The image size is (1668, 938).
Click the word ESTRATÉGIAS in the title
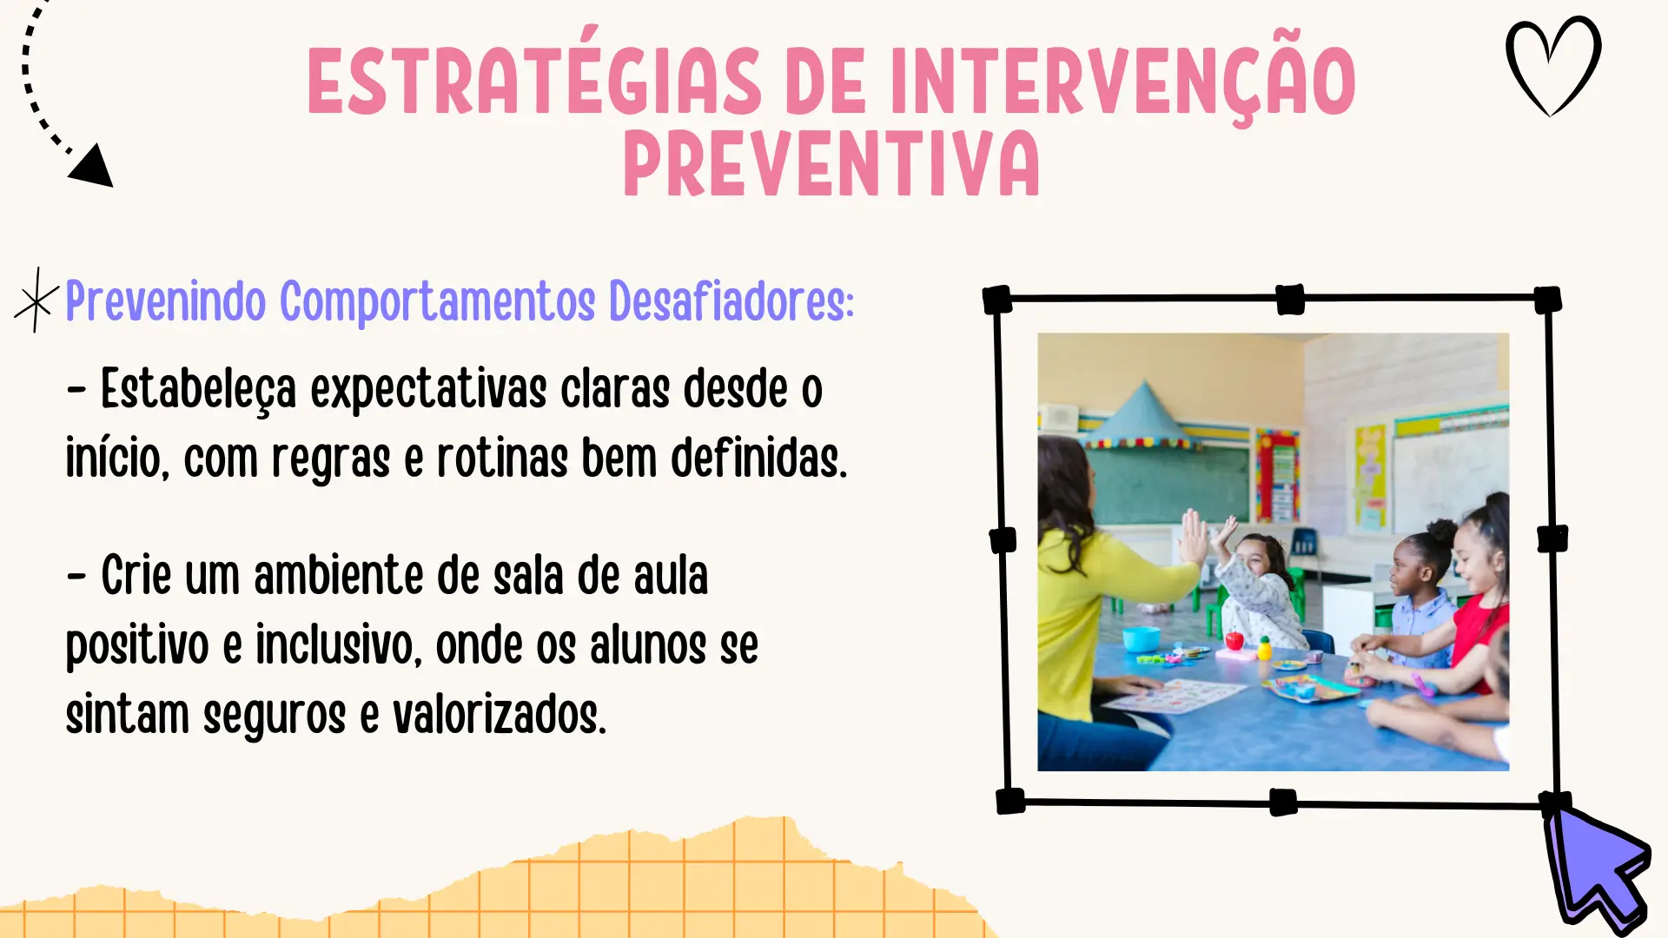click(x=534, y=80)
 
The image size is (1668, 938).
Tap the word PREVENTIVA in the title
click(x=831, y=163)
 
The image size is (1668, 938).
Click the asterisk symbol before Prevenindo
click(x=36, y=301)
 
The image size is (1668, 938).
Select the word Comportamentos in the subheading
click(x=437, y=301)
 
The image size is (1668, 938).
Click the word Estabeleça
click(x=198, y=389)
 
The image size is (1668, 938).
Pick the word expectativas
click(x=428, y=389)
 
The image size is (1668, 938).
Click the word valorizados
click(x=500, y=715)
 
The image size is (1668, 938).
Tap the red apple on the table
click(x=1234, y=641)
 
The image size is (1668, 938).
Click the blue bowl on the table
click(x=1142, y=638)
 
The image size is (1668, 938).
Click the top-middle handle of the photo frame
click(x=1290, y=300)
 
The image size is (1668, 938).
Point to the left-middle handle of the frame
click(x=1003, y=540)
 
